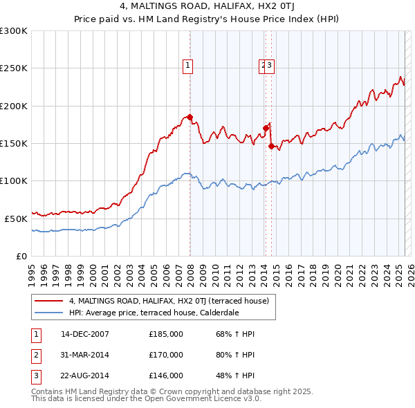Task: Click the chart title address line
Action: tap(207, 8)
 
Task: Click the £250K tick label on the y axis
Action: tap(13, 68)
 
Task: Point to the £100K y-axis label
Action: tap(13, 180)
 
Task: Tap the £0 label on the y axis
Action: tap(21, 256)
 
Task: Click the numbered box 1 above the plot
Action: tap(188, 66)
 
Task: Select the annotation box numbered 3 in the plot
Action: tap(270, 66)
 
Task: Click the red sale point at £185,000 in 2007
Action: tap(190, 117)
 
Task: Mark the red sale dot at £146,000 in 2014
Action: tap(271, 146)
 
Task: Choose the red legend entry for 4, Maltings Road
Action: tap(173, 301)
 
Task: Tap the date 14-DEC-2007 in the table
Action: tap(85, 335)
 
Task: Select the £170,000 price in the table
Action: tap(166, 355)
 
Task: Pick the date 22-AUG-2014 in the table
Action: tap(85, 375)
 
